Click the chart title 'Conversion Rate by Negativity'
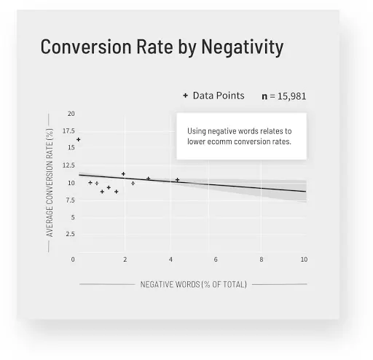coord(162,47)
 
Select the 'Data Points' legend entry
coord(219,95)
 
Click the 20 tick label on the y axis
coord(71,114)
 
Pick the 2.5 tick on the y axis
coord(69,234)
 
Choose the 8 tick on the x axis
coord(262,259)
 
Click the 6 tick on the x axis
coord(216,259)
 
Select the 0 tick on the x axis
coord(73,259)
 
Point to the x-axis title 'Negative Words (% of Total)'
coord(193,283)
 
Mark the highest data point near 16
coord(78,139)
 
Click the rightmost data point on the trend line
coord(177,179)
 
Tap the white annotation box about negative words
coord(240,136)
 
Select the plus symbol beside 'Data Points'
coord(185,95)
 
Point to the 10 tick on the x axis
coord(304,259)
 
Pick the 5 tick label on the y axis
coord(71,217)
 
